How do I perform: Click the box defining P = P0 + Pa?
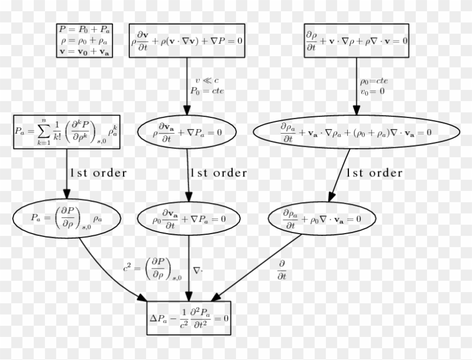coord(84,40)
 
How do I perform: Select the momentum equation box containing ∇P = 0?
coord(187,40)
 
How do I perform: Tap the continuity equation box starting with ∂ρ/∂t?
coord(356,40)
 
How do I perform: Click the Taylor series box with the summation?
coord(66,132)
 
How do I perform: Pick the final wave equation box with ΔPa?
coord(189,318)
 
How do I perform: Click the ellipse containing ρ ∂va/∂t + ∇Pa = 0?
coord(187,132)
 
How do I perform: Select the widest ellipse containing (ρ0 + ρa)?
coord(356,132)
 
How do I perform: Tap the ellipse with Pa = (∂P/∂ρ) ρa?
coord(67,218)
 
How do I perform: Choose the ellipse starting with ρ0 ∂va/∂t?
coord(189,218)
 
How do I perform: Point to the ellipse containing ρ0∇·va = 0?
coord(322,218)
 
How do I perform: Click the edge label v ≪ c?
coord(207,80)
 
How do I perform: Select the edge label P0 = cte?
coord(207,91)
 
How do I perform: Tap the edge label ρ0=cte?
coord(374,81)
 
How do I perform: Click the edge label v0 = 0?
coord(373,91)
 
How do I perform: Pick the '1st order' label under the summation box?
coord(98,173)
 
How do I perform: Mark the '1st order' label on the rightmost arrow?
coord(374,173)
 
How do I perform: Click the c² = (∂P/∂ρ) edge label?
coord(153,268)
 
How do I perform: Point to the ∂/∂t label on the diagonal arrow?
coord(282,270)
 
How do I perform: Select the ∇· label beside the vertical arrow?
coord(198,271)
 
